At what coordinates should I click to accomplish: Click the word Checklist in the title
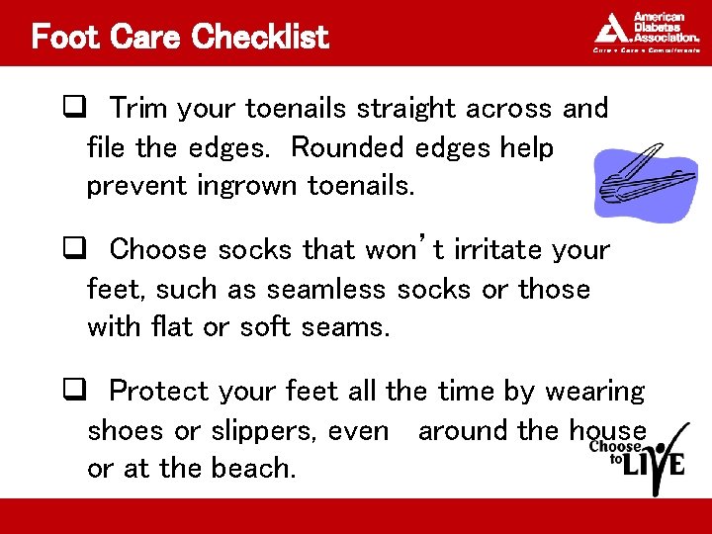pos(259,38)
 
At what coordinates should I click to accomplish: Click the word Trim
pos(137,108)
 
